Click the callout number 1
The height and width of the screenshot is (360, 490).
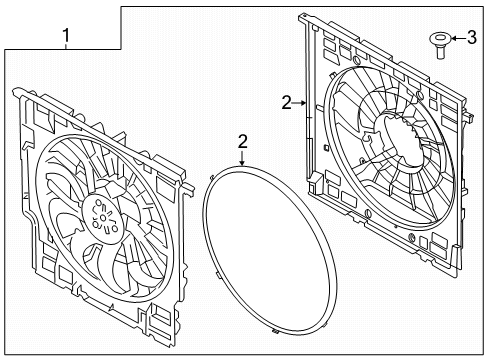coord(67,39)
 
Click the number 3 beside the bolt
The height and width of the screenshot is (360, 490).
coord(470,39)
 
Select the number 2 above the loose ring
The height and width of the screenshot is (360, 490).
coord(242,143)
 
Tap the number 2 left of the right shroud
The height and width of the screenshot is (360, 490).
coord(286,102)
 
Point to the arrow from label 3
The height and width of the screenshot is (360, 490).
coord(455,39)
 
